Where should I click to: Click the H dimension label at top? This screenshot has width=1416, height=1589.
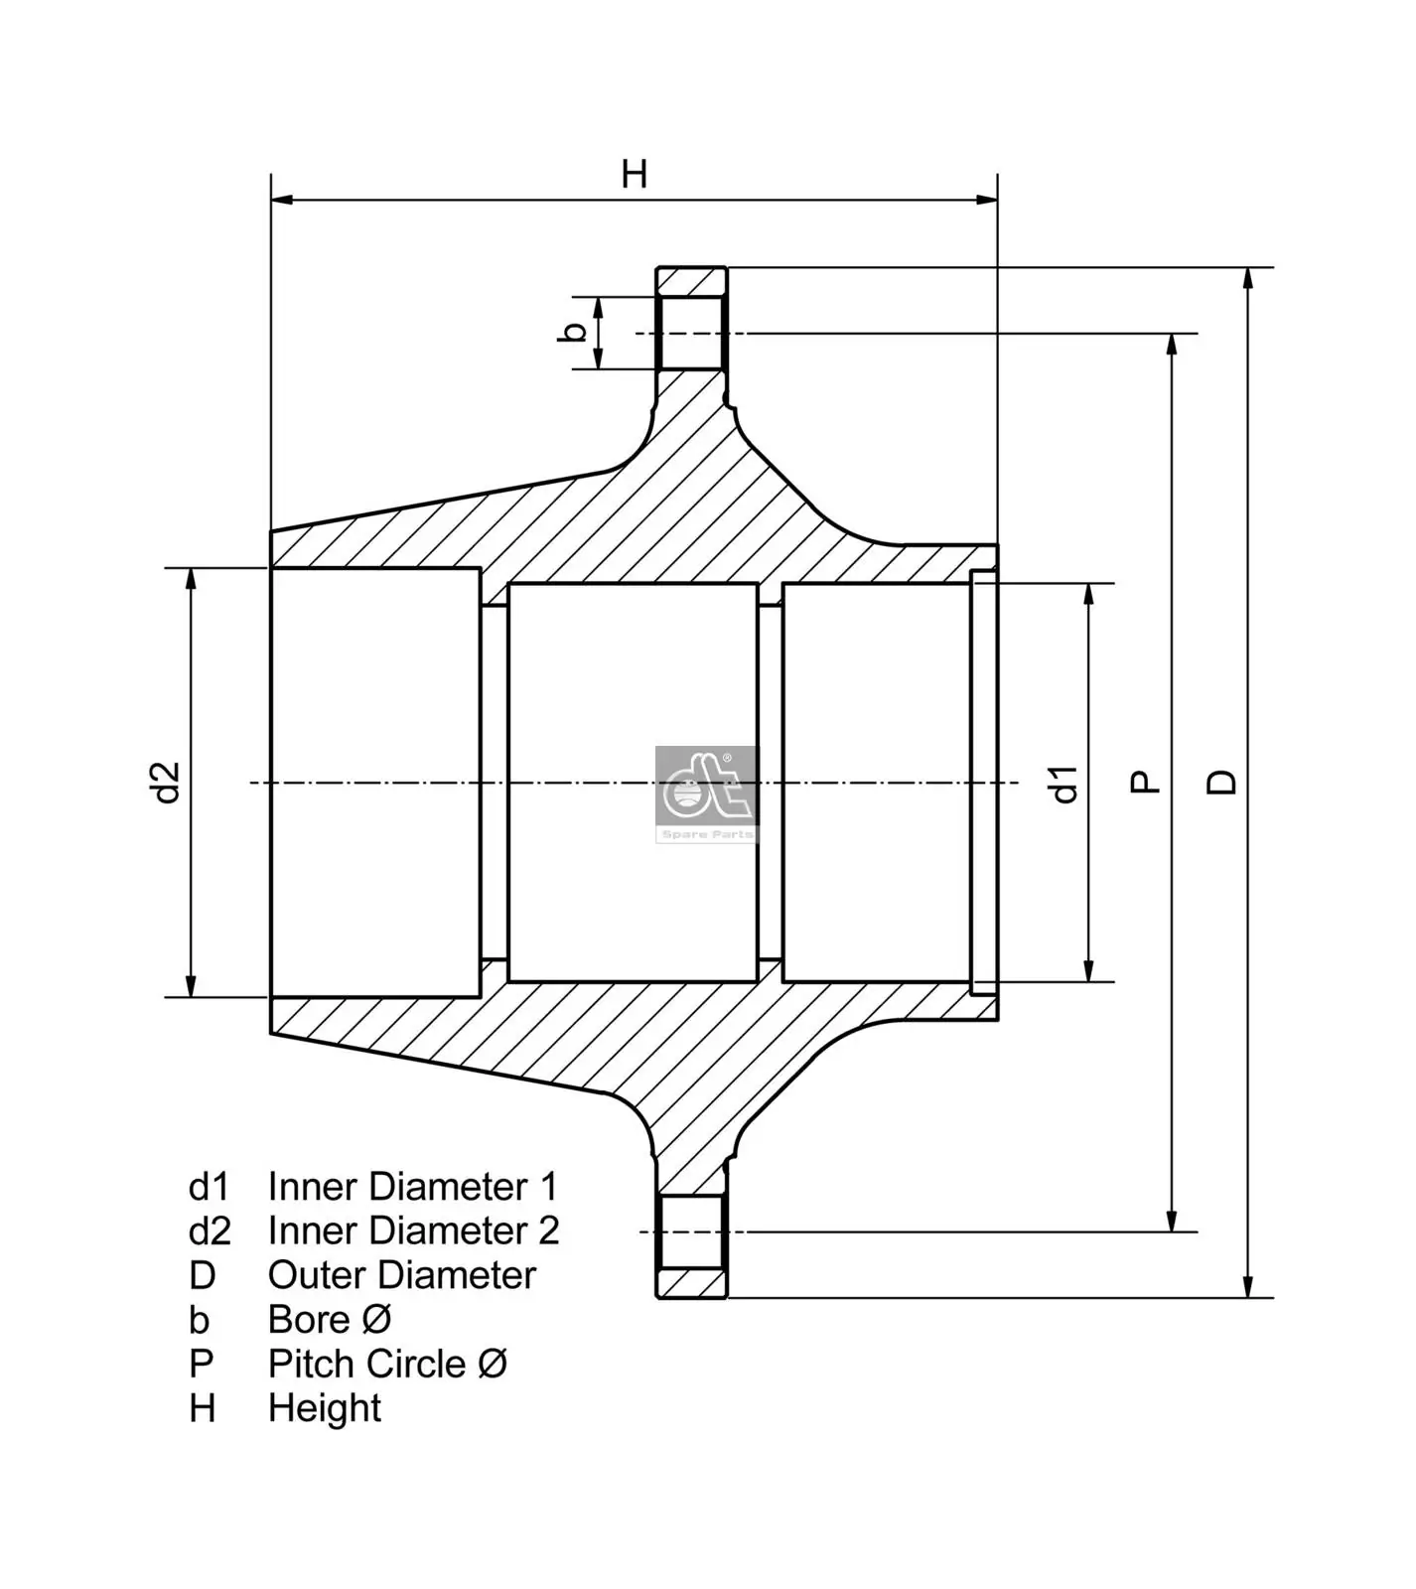coord(634,174)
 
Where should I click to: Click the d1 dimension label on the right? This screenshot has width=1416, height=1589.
coord(1064,784)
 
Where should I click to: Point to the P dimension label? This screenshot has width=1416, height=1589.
coord(1146,783)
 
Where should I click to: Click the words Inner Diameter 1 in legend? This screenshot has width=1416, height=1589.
coord(412,1187)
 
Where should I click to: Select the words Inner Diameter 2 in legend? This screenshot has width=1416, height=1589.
coord(412,1230)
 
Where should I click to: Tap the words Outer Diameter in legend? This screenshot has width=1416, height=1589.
coord(401,1275)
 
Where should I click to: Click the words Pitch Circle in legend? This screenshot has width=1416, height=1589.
coord(366,1364)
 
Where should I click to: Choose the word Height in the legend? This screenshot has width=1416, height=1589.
coord(324,1408)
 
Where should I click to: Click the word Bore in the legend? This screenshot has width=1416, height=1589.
coord(309,1320)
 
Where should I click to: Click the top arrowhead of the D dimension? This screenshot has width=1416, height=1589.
coord(1248,278)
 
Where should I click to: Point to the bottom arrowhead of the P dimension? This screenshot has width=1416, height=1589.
coord(1173,1222)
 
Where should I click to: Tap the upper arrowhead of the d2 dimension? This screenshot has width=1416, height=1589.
coord(191,579)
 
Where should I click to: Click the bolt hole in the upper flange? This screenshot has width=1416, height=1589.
coord(691,333)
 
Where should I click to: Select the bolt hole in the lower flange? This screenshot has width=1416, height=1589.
coord(691,1231)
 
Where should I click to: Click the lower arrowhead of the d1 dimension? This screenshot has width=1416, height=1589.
coord(1089,971)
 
